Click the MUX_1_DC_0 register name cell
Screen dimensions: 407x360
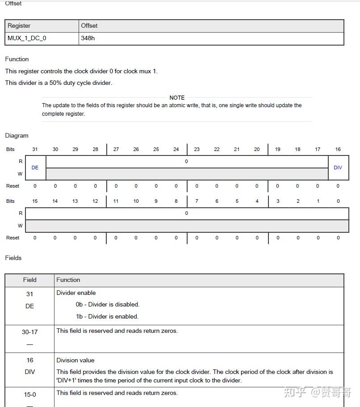tap(27, 38)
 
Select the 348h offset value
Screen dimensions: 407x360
tap(88, 38)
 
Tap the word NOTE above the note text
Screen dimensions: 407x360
tap(177, 97)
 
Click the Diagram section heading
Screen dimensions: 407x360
tap(17, 135)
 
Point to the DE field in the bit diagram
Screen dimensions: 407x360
tap(35, 168)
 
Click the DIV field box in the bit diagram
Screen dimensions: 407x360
tap(338, 168)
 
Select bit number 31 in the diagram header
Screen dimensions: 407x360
tap(35, 149)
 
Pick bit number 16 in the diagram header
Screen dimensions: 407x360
tap(338, 149)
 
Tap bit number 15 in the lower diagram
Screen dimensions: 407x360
tap(35, 201)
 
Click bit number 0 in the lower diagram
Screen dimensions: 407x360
tap(338, 201)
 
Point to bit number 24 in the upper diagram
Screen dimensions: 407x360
tap(176, 149)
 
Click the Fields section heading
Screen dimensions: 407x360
tap(13, 258)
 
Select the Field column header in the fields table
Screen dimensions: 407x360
tap(29, 280)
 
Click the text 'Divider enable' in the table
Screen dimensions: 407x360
tap(76, 293)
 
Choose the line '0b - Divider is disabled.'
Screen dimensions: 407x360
tap(107, 305)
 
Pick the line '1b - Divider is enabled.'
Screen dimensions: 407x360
tap(107, 316)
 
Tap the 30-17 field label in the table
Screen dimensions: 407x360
tap(29, 332)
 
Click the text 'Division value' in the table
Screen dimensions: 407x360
tap(75, 360)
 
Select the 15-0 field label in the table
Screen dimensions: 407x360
tap(29, 394)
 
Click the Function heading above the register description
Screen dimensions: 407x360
tap(17, 59)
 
